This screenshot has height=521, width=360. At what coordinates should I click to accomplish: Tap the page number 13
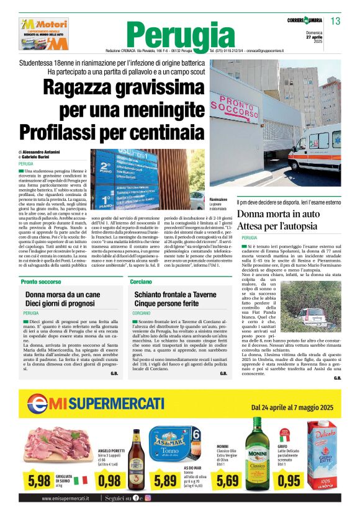click(335, 22)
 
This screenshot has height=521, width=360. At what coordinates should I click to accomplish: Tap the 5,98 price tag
click(38, 479)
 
